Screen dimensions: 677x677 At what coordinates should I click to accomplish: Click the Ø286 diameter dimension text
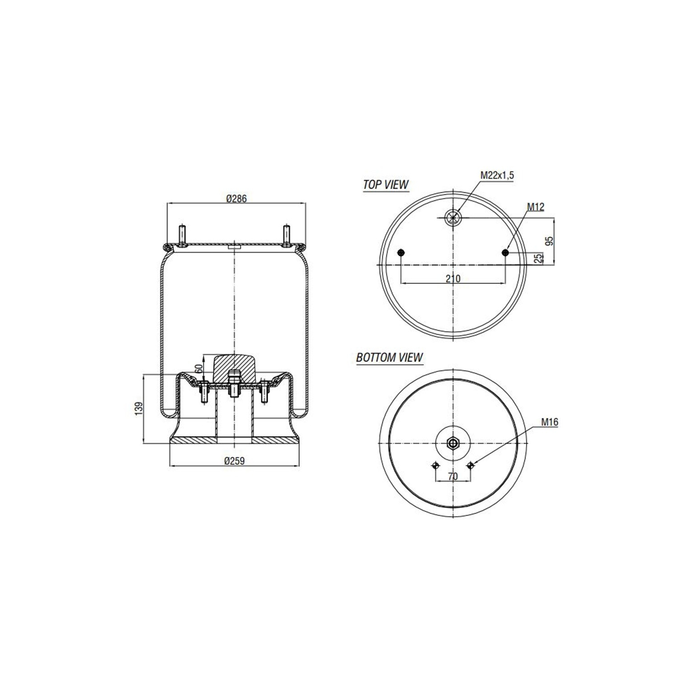point(236,198)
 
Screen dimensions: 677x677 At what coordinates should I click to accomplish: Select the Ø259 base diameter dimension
point(234,461)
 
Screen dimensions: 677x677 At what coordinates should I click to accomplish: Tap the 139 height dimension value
point(139,408)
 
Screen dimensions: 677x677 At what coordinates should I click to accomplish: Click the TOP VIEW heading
point(386,185)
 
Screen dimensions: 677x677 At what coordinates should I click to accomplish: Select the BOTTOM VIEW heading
point(390,357)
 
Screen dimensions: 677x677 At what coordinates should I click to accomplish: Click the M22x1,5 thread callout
point(497,175)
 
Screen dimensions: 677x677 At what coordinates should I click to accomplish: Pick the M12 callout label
point(536,207)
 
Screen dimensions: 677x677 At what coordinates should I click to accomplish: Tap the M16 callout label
point(550,422)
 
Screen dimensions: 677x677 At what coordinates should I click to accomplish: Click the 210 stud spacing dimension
point(453,278)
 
